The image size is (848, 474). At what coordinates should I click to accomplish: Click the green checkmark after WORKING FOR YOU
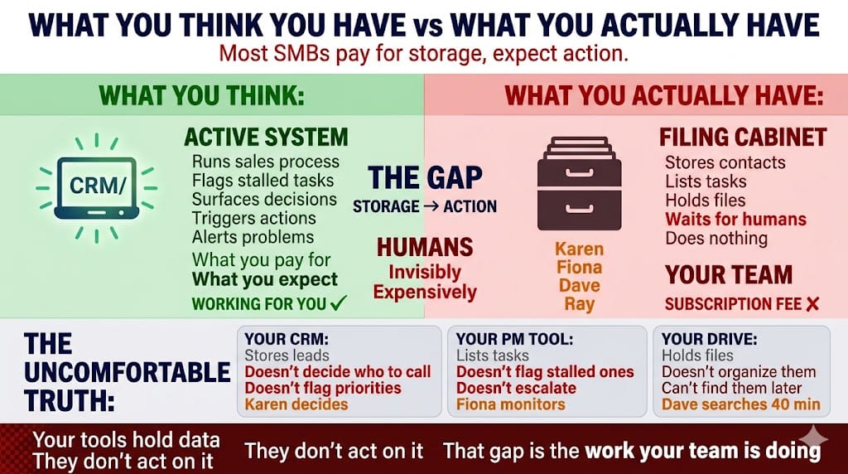click(x=338, y=303)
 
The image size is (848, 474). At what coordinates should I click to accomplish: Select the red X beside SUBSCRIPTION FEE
click(x=812, y=304)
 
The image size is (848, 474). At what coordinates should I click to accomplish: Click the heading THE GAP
click(x=425, y=177)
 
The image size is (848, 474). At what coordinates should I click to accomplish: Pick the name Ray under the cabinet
click(x=579, y=304)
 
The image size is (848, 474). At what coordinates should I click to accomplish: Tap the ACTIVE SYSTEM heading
click(x=266, y=137)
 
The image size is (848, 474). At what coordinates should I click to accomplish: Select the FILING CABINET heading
click(x=743, y=137)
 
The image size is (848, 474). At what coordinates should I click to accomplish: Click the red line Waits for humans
click(x=735, y=220)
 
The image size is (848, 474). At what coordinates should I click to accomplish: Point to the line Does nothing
click(x=716, y=239)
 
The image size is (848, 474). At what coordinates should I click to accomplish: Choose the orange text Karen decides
click(x=296, y=404)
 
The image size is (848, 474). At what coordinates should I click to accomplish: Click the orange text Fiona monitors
click(x=511, y=404)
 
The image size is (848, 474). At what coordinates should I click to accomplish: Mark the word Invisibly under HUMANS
click(x=426, y=272)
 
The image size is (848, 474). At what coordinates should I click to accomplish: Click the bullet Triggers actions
click(x=253, y=218)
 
